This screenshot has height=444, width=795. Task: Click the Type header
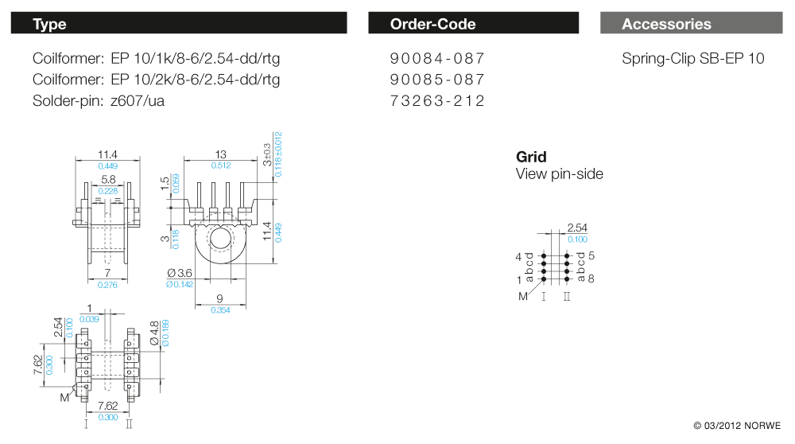coord(49,24)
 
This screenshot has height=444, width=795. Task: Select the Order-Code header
coord(432,24)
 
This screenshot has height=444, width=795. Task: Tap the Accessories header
coord(666,24)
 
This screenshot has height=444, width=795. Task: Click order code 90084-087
coord(437,59)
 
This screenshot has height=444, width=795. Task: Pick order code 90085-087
coord(437,80)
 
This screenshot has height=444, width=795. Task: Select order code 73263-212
coord(437,101)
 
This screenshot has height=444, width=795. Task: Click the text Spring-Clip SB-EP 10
coord(692,59)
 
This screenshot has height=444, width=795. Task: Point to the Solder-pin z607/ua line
coord(99,101)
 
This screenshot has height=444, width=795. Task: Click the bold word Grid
coord(531,157)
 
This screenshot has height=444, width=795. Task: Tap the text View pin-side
coord(559,174)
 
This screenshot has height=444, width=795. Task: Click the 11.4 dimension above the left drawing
coord(107,154)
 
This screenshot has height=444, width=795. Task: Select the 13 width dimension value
coord(221,154)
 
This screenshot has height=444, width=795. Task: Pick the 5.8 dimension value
coord(108,181)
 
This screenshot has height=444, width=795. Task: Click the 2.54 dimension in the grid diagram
coord(577,228)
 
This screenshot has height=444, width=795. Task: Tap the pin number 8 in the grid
coord(591,278)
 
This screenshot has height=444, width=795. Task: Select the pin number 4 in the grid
coord(518,257)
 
